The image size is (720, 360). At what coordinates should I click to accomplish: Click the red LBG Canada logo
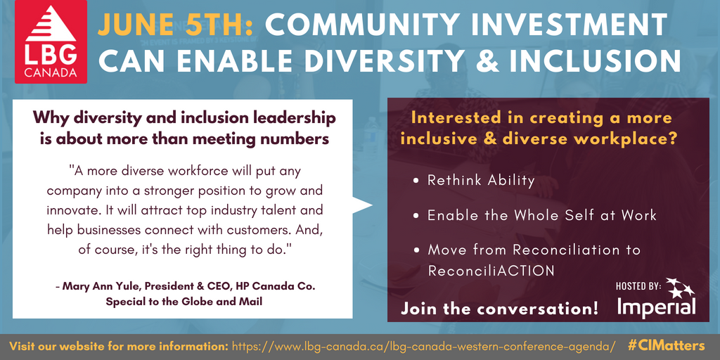51,41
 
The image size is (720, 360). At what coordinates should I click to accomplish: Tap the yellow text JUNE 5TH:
175,25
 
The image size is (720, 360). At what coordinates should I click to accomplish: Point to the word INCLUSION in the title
596,60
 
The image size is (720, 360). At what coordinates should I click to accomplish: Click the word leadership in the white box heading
289,117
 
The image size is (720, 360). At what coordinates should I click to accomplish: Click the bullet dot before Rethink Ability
416,181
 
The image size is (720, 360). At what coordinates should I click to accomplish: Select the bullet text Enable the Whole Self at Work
542,215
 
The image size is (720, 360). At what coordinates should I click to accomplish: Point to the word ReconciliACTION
491,271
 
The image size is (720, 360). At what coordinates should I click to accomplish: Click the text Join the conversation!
500,308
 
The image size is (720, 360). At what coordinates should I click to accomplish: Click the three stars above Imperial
680,288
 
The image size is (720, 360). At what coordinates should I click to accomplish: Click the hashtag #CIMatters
666,345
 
